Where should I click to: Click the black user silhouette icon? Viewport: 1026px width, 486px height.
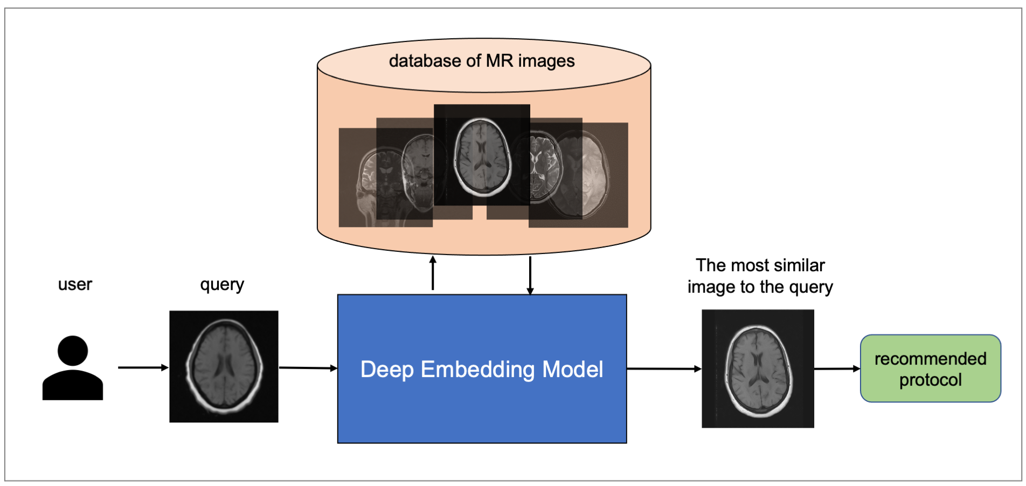click(x=73, y=368)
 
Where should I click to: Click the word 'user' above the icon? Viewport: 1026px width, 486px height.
click(x=75, y=284)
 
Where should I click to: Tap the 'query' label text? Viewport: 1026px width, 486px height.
click(x=222, y=284)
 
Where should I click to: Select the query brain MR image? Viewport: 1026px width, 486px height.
click(x=224, y=366)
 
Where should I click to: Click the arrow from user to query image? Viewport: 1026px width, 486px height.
click(x=143, y=367)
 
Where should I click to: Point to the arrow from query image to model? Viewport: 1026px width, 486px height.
click(x=308, y=368)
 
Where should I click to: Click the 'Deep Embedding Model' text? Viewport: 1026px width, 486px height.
click(x=481, y=369)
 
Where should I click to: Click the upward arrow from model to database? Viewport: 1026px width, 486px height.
click(x=433, y=273)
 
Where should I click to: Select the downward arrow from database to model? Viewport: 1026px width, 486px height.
click(x=530, y=275)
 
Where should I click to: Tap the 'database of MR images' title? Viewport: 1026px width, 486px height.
click(x=482, y=61)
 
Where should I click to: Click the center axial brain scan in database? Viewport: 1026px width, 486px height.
click(x=482, y=156)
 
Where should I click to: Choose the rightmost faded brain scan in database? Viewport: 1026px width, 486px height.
click(x=593, y=173)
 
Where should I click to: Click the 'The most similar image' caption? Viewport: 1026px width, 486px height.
click(x=760, y=276)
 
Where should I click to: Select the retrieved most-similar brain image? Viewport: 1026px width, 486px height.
click(x=758, y=369)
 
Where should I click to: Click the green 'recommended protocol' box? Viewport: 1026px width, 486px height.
click(x=931, y=368)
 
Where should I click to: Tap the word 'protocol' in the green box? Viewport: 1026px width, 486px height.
click(x=931, y=380)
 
